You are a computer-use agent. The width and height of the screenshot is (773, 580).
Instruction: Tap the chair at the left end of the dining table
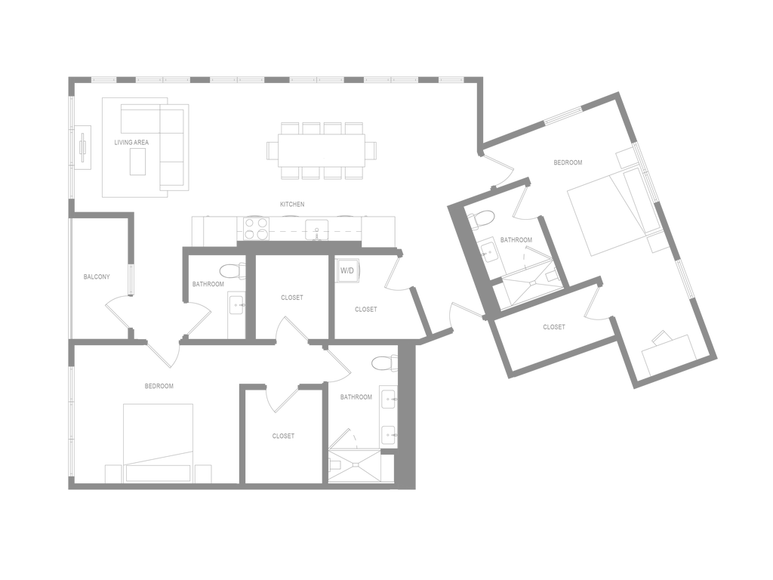(272, 150)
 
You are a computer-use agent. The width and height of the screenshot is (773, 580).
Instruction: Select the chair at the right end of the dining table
(371, 150)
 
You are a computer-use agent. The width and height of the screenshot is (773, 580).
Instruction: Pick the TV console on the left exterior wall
(83, 147)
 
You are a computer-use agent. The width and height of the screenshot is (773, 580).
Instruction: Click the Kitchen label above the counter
(292, 204)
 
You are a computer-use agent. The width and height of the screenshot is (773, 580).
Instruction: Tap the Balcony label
(97, 276)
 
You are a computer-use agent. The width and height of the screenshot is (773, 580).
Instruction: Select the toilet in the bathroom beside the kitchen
(229, 270)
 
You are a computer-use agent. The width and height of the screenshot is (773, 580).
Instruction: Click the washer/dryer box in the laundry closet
(348, 270)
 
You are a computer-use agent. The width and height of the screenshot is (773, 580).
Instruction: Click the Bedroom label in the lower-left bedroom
(160, 386)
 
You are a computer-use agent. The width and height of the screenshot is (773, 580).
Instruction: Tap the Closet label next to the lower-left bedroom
(283, 436)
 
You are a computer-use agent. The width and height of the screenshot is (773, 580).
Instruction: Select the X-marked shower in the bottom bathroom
(354, 463)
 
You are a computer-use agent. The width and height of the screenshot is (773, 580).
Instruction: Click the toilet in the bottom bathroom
(386, 363)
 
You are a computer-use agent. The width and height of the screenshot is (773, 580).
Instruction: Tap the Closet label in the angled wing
(554, 328)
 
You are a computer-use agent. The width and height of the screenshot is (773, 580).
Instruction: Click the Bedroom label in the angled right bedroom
(568, 162)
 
